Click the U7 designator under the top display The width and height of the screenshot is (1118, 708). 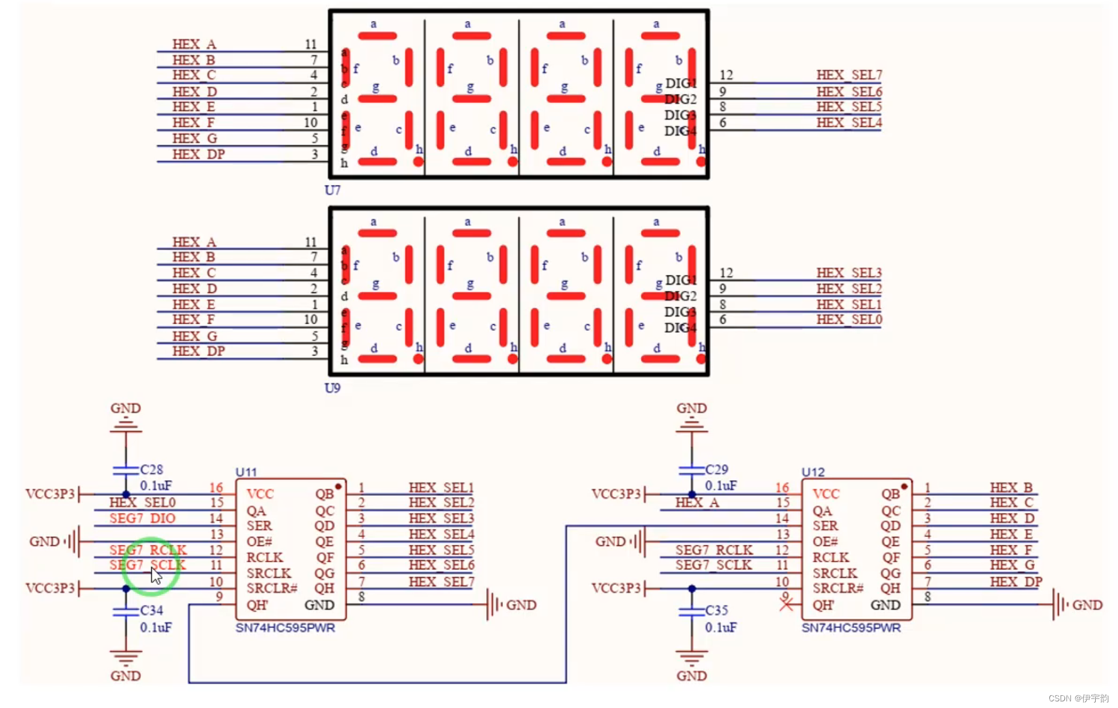(332, 190)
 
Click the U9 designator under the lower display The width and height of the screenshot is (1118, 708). (332, 388)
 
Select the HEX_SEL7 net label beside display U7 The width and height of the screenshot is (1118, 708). (849, 75)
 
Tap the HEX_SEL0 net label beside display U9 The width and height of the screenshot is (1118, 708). (849, 320)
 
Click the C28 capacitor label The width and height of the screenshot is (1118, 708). (152, 469)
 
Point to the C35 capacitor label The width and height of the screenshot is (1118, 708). (717, 610)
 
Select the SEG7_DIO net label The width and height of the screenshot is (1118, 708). (142, 518)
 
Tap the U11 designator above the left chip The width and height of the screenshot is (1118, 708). (246, 472)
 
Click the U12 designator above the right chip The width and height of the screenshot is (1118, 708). (813, 472)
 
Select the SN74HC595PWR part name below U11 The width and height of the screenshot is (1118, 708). (285, 628)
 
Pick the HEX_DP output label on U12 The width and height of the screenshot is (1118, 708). (1016, 582)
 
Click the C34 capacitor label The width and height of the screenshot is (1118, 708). (152, 610)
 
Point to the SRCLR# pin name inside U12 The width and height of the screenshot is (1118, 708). (838, 589)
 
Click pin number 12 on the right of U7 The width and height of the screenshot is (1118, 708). (726, 75)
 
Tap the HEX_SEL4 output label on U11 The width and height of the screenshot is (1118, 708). (441, 534)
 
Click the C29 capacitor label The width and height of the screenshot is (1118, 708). (717, 469)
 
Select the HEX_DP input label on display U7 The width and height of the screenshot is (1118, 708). (198, 155)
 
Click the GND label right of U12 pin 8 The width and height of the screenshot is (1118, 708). (1087, 605)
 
